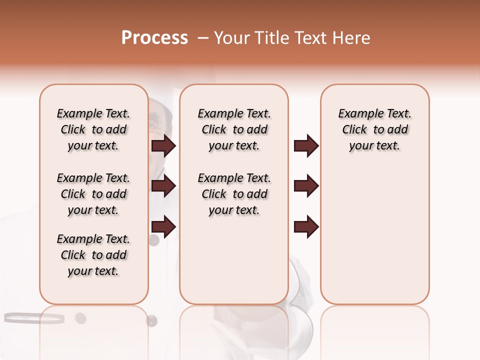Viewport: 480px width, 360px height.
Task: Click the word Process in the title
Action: click(x=154, y=38)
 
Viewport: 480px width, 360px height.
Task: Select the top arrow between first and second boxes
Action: click(x=163, y=145)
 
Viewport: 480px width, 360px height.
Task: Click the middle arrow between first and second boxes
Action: click(x=163, y=186)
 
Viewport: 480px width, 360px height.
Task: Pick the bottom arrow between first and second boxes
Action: click(x=163, y=226)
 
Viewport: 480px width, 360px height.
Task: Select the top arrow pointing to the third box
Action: click(x=306, y=145)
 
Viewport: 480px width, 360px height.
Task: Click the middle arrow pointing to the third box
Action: click(x=306, y=186)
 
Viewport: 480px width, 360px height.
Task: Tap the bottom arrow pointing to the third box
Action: click(x=306, y=226)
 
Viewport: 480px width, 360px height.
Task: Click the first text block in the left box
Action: click(x=93, y=129)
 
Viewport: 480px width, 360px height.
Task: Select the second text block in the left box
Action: click(x=93, y=194)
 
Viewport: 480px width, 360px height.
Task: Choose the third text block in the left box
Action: click(x=93, y=255)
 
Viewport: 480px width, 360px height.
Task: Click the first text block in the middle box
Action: click(x=234, y=129)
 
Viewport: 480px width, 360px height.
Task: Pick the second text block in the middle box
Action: click(x=234, y=194)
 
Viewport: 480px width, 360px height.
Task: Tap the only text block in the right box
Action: click(x=374, y=129)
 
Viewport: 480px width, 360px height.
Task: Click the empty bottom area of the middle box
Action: click(x=234, y=265)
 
